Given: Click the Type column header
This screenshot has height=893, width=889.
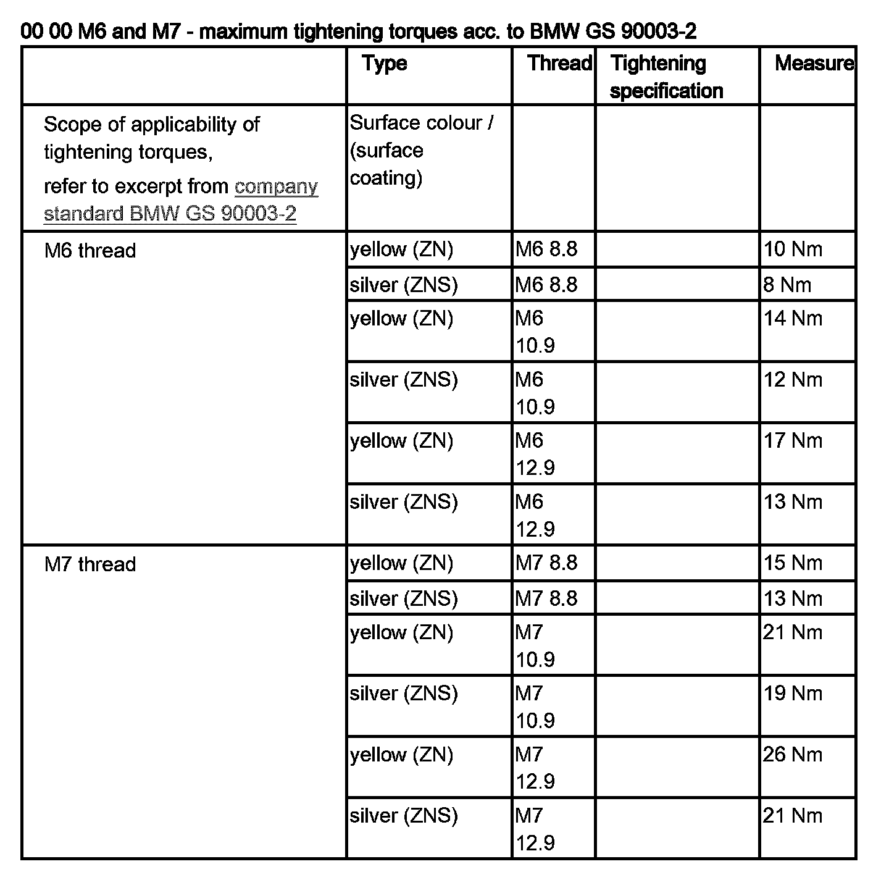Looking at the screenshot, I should [x=385, y=64].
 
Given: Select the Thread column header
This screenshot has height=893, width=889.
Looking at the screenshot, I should [x=559, y=64].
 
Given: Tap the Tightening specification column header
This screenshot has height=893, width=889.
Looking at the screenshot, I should [x=666, y=77].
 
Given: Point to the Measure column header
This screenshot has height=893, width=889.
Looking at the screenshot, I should [x=814, y=64].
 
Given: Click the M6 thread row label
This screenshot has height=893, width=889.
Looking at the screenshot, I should [x=90, y=251].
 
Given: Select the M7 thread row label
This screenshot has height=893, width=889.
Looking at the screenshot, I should [x=90, y=564].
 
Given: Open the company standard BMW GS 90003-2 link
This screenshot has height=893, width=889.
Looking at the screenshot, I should [x=180, y=200].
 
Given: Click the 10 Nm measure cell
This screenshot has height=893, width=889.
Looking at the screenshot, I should [x=793, y=249].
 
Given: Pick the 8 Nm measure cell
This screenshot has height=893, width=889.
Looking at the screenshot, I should [x=787, y=285].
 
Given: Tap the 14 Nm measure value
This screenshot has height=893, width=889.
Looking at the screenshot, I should [x=793, y=319].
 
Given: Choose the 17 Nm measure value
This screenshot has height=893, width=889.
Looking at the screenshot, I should [x=793, y=441].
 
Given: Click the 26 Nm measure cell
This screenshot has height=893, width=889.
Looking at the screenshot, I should [x=793, y=755].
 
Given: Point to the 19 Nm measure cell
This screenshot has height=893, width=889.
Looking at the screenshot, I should [x=793, y=694].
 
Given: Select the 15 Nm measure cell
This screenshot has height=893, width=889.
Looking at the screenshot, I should [x=793, y=563].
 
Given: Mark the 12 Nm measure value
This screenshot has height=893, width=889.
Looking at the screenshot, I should [x=793, y=380].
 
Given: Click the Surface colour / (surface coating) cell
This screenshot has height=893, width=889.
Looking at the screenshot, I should [x=421, y=150].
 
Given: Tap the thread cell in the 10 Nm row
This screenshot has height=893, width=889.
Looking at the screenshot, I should [x=546, y=249].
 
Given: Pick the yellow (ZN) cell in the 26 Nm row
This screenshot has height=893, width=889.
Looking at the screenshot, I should [x=401, y=755].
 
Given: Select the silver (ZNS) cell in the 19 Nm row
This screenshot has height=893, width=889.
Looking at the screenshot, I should [x=404, y=694].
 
